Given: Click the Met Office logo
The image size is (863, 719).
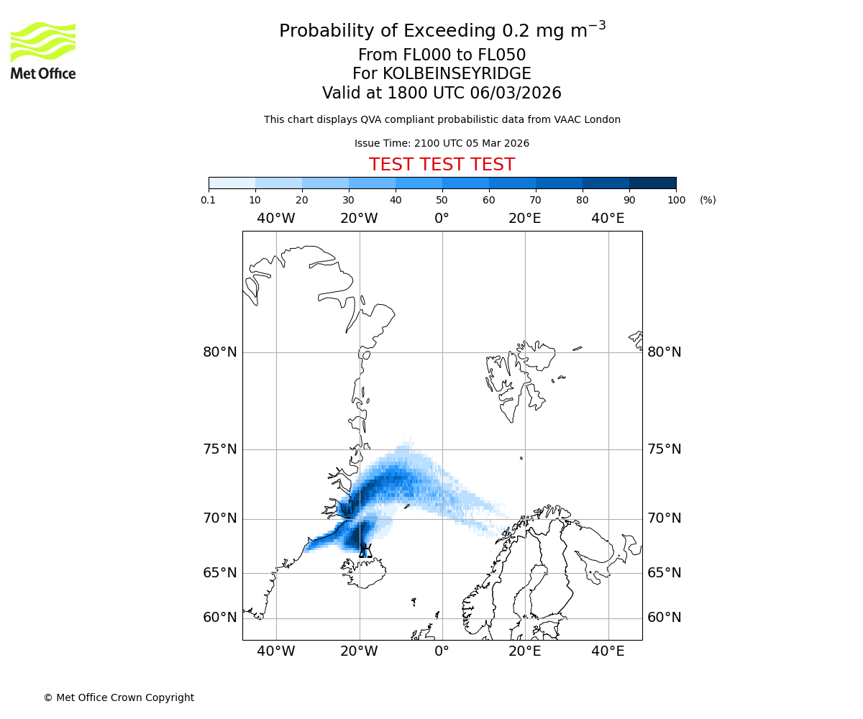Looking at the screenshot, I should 43,50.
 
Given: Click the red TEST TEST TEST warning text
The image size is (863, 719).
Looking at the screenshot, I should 442,165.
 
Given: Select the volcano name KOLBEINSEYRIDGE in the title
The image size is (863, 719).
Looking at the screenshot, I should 457,74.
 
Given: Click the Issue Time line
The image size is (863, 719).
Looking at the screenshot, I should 442,144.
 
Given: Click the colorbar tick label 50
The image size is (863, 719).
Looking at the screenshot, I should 442,200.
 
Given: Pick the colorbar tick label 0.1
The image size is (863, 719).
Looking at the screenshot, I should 209,200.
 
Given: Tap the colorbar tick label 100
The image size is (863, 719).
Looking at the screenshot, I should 676,200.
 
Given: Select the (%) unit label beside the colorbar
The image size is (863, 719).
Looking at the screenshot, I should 708,200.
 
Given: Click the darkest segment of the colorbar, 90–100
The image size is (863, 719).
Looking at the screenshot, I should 652,183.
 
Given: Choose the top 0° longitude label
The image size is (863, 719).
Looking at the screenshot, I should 442,219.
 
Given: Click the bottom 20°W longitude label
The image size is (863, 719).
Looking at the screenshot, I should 359,651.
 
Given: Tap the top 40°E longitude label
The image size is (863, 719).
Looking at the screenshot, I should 608,219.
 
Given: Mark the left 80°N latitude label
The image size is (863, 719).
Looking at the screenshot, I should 219,352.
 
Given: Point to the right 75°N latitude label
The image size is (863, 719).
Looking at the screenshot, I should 665,449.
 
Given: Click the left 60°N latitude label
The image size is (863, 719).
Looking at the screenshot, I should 219,618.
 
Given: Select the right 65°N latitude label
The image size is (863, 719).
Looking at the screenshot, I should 665,573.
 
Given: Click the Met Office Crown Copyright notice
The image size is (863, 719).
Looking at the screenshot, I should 119,698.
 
